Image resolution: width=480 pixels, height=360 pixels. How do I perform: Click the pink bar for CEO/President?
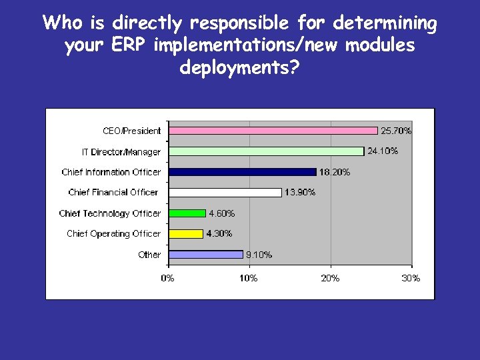pos(273,131)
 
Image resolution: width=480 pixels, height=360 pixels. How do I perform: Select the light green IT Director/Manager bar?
pos(267,151)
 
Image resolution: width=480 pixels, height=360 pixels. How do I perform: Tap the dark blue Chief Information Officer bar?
pos(243,172)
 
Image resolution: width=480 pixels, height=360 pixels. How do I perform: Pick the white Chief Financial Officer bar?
pos(225,193)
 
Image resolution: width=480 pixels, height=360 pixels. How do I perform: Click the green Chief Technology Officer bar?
pos(187,213)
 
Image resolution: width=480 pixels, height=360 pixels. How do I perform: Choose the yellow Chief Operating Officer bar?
pos(186,234)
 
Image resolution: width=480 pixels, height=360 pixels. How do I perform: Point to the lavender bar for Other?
pos(206,254)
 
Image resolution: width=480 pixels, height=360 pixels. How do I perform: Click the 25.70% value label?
pos(396,131)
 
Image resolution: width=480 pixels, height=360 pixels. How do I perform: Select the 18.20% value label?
pos(335,172)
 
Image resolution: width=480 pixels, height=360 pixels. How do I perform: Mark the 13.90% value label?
pos(300,193)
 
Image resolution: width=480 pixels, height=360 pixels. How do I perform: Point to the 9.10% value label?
pos(259,255)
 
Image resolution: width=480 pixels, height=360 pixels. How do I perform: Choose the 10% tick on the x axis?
pos(249,278)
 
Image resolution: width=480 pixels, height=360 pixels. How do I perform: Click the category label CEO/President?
pos(131,131)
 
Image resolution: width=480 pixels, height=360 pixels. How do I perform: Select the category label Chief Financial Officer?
pos(113,193)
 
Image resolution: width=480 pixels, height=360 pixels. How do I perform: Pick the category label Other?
pos(149,255)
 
